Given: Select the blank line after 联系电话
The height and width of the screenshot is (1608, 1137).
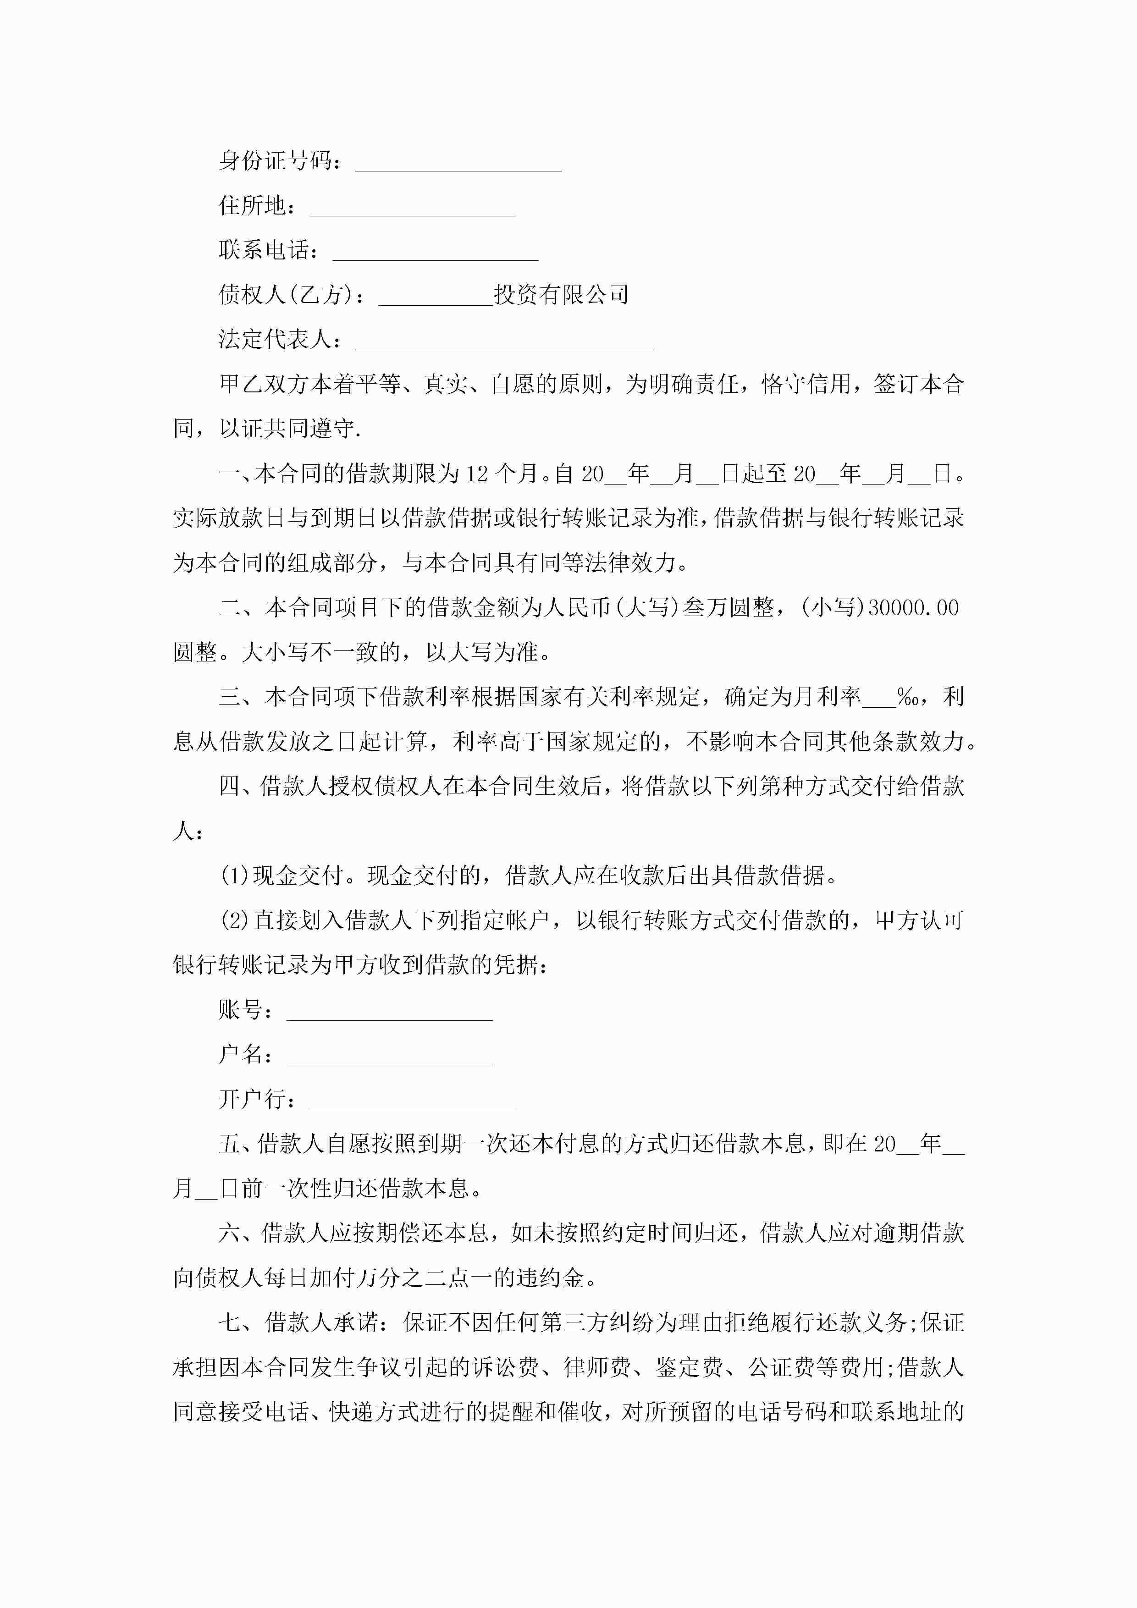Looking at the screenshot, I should pos(435,255).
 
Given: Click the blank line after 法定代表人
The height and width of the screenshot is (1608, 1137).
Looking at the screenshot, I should pos(504,344).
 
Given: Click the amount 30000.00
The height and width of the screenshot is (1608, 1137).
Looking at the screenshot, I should pos(913,608).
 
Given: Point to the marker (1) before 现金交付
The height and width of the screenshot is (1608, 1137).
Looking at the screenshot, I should pos(235,876).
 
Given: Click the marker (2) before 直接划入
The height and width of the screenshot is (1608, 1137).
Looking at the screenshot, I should pos(235,920).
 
